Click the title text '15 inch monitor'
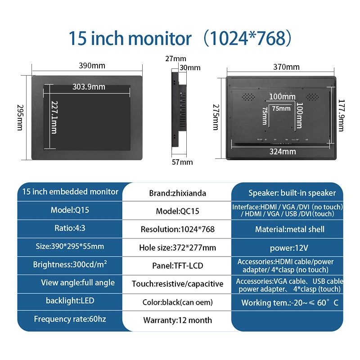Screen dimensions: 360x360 click(x=130, y=38)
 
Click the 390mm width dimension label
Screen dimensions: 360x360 click(x=92, y=66)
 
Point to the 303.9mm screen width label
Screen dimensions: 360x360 click(x=89, y=87)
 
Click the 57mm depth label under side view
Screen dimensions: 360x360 click(x=183, y=162)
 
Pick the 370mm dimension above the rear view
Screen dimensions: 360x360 click(x=286, y=67)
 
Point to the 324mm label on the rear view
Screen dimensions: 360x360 click(x=283, y=152)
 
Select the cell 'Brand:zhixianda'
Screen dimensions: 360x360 click(x=177, y=193)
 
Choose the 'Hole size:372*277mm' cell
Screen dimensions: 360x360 click(x=177, y=247)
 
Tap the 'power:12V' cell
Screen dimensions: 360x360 click(x=289, y=247)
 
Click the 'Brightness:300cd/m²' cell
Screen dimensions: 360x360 click(x=70, y=265)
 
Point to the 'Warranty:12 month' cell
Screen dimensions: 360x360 click(x=177, y=320)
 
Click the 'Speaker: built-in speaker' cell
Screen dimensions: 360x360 click(x=292, y=193)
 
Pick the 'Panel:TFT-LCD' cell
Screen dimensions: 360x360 click(x=177, y=265)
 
